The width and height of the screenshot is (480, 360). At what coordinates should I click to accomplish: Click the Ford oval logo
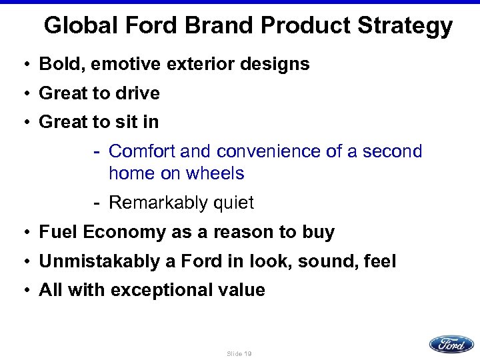(451, 344)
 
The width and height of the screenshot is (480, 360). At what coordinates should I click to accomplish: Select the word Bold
(57, 64)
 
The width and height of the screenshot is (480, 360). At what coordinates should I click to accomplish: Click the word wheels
(215, 173)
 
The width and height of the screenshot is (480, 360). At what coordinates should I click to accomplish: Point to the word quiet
(233, 203)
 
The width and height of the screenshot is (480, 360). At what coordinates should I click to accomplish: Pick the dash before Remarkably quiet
(97, 202)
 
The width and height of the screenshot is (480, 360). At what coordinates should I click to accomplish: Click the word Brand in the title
(223, 26)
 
